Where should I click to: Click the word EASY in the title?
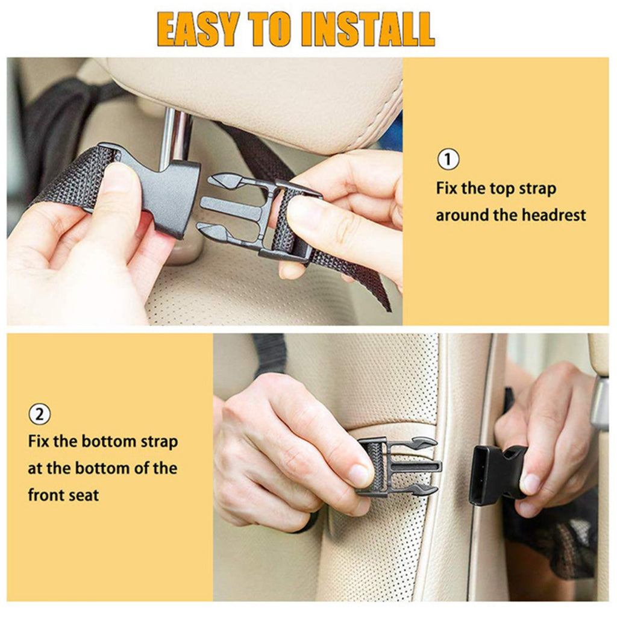(199, 29)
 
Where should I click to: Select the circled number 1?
(448, 159)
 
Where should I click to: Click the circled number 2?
(39, 414)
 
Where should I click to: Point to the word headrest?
(554, 215)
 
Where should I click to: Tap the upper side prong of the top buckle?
(227, 181)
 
